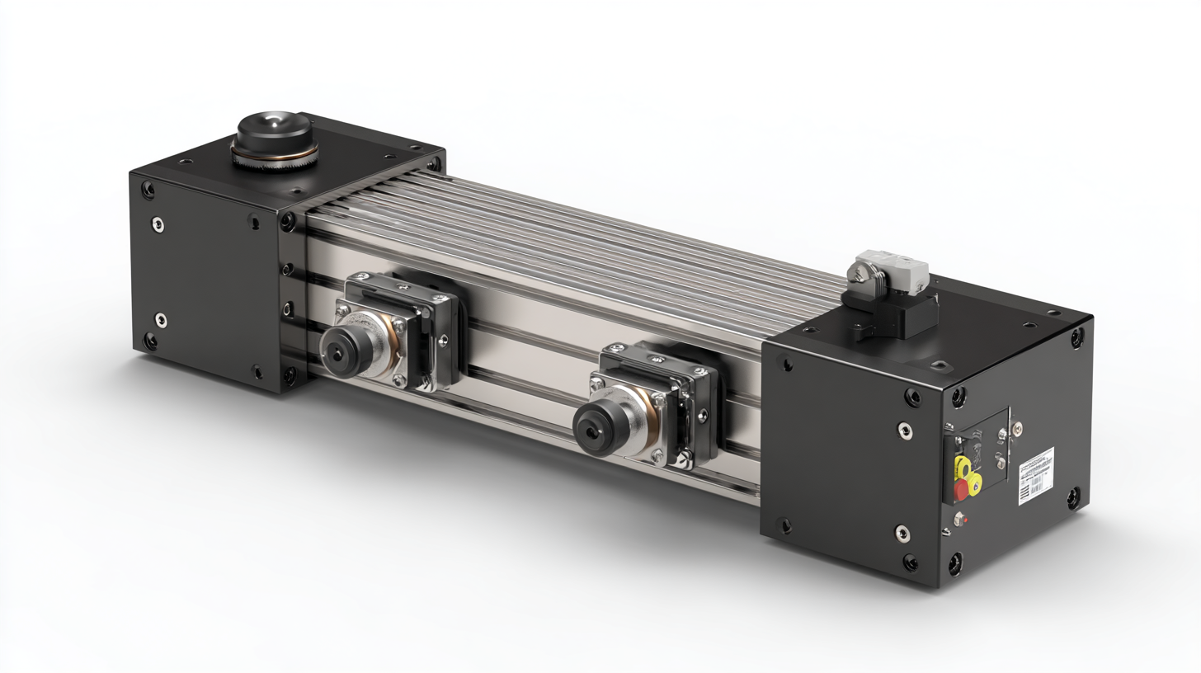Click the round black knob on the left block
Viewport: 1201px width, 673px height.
click(274, 130)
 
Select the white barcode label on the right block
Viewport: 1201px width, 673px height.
click(1037, 471)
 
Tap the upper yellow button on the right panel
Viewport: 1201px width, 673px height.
click(962, 467)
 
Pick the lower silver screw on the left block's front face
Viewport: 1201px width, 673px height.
click(161, 318)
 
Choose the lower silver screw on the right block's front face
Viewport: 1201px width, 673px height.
click(902, 534)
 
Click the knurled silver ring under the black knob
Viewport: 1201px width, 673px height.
click(272, 157)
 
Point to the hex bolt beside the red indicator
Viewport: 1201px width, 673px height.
click(957, 520)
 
